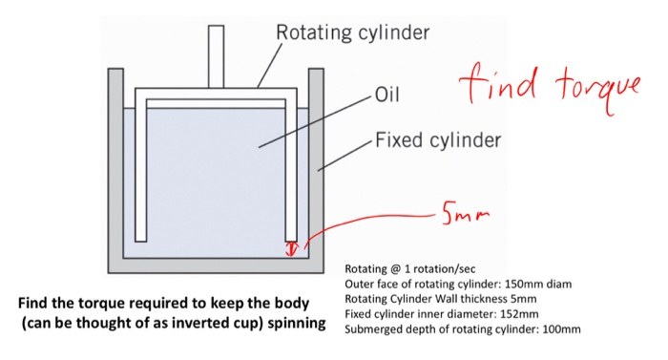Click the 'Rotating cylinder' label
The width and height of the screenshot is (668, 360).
[352, 33]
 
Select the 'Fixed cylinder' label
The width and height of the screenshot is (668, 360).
[437, 141]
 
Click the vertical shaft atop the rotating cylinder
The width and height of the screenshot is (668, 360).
[216, 57]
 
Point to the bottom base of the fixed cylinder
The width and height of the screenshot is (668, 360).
[216, 265]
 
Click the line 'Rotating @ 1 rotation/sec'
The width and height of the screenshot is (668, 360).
[401, 269]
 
